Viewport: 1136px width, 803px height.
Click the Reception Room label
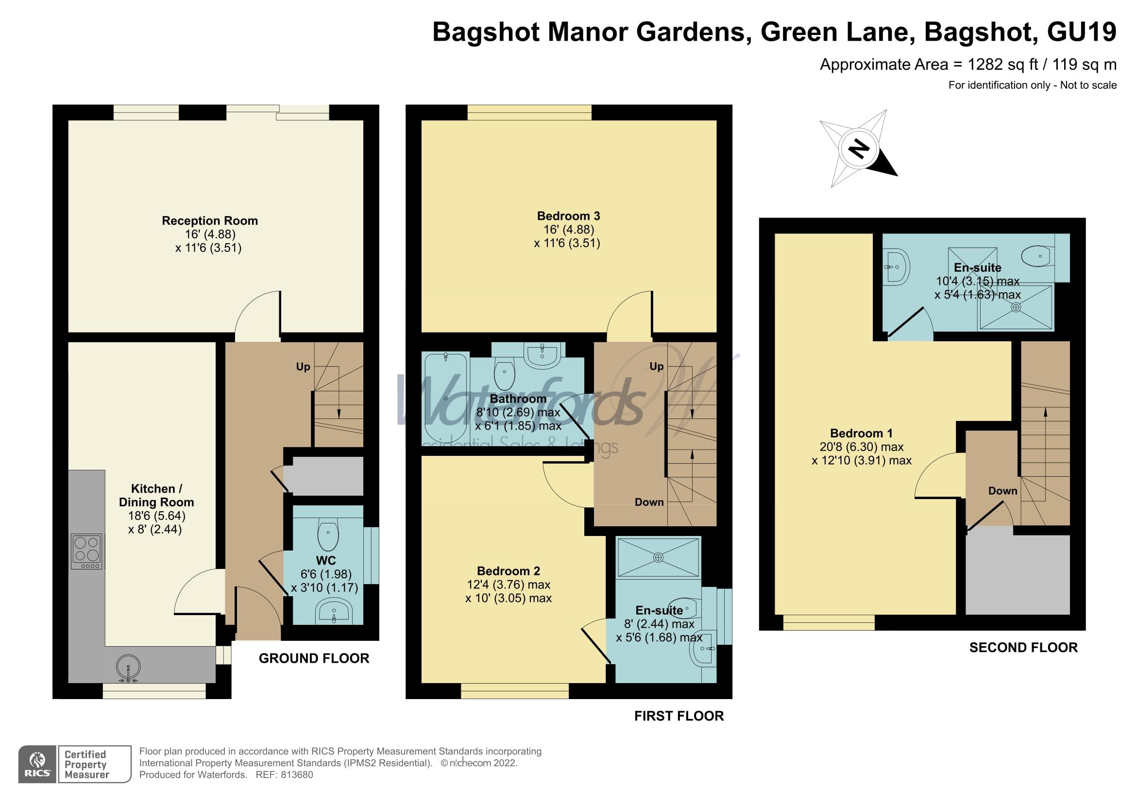point(210,220)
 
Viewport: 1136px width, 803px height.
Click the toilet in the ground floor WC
point(328,535)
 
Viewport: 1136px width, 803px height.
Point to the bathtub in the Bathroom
point(446,398)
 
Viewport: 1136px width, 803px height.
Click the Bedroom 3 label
point(568,216)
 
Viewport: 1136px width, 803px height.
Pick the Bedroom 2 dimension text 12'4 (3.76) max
point(508,585)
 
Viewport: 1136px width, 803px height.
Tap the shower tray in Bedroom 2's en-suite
point(658,558)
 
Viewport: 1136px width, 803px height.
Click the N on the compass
point(859,149)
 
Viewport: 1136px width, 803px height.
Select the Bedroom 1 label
point(861,433)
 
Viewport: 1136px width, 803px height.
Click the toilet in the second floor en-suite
point(1037,256)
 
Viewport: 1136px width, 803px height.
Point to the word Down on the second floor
point(1002,490)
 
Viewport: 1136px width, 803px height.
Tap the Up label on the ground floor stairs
point(303,367)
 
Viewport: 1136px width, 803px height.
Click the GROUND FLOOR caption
point(314,658)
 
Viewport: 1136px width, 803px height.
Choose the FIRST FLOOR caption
point(679,716)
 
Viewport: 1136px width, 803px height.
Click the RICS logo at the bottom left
point(37,764)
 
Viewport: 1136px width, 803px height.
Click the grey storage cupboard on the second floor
point(1017,573)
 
